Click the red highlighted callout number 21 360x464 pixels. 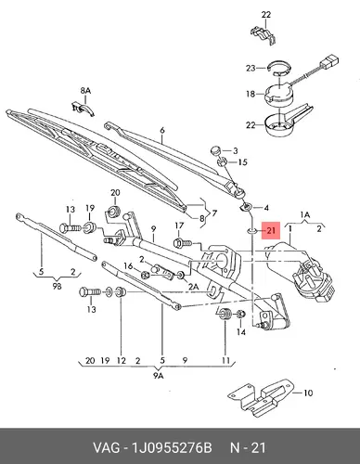[271, 230]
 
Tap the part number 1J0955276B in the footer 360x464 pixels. [172, 447]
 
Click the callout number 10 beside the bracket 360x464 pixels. [308, 393]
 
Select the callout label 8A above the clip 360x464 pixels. [85, 91]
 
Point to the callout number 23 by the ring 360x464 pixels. [251, 68]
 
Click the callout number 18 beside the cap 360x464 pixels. [251, 94]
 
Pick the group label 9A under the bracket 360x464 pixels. [158, 376]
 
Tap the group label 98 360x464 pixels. [57, 287]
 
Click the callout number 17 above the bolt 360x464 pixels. [179, 226]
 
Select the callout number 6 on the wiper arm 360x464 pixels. [162, 130]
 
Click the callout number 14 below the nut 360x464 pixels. [241, 332]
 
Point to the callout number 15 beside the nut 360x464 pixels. [243, 162]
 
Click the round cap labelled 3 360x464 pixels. [215, 150]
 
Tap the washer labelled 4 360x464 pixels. [247, 206]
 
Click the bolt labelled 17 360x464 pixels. [183, 243]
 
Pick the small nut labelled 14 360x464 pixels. [240, 315]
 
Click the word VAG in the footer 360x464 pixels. [106, 447]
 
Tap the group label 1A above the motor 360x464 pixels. [305, 214]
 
